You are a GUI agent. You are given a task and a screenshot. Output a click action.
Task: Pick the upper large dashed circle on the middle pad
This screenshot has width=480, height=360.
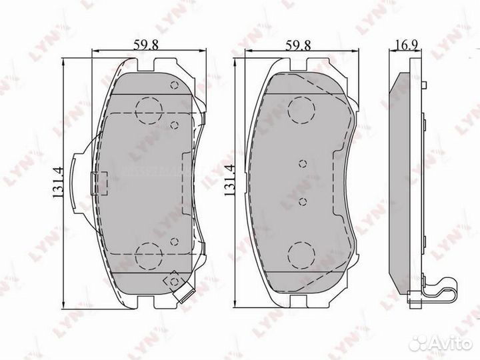(301, 108)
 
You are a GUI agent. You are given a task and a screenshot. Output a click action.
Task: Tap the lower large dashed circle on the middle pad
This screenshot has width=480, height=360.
(301, 253)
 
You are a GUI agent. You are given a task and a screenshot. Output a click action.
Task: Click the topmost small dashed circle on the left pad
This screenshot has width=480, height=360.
(175, 85)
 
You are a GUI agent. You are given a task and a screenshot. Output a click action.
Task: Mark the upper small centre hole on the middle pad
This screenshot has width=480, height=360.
(302, 163)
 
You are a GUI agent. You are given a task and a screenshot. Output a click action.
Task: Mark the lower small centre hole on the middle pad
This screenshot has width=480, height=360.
(302, 201)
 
